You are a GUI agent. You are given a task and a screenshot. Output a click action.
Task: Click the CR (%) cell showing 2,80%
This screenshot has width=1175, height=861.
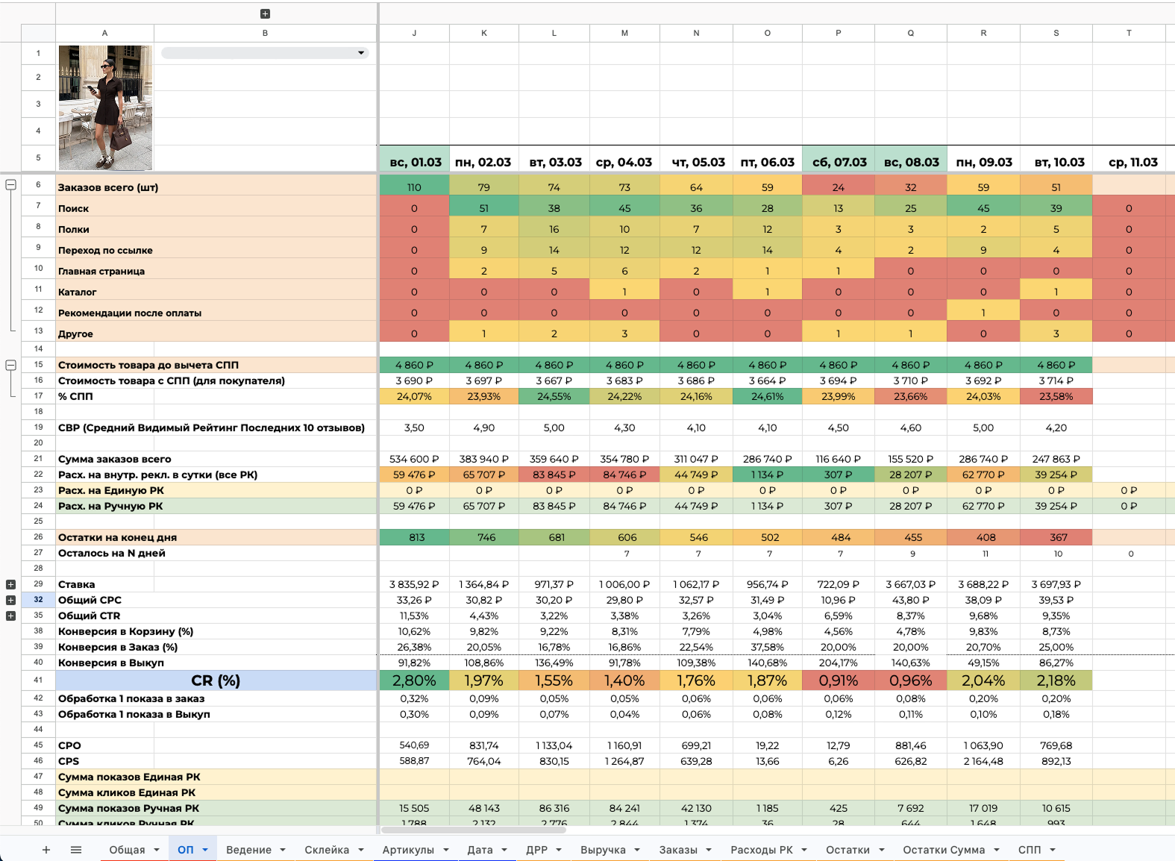click(x=414, y=680)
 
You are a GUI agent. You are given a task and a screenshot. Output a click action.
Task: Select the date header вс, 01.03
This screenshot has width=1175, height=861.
click(x=415, y=162)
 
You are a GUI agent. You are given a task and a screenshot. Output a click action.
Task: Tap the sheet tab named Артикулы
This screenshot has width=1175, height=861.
click(x=408, y=850)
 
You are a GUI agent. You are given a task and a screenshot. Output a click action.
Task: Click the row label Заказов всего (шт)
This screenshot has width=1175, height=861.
click(x=108, y=187)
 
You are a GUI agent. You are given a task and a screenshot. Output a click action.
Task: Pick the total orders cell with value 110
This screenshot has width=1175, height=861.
click(x=414, y=187)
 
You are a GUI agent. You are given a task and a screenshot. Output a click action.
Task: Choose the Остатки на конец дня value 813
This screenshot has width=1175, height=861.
click(x=416, y=537)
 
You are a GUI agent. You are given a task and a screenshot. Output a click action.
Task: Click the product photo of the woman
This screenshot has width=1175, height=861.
click(x=105, y=107)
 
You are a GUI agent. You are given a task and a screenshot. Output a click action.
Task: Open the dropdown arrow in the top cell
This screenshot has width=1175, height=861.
click(x=361, y=53)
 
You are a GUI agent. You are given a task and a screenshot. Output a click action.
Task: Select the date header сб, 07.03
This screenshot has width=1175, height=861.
click(x=839, y=162)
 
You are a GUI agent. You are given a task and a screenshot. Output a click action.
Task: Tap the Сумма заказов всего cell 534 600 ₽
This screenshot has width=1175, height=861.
click(x=414, y=459)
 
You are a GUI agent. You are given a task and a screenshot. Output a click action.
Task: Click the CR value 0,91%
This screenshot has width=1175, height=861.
click(x=839, y=680)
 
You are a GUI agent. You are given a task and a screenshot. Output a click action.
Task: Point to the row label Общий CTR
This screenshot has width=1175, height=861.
click(x=90, y=616)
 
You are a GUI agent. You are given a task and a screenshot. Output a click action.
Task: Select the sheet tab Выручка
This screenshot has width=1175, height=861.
click(x=603, y=850)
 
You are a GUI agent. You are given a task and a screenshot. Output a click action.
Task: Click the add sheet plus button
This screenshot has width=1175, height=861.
click(x=46, y=850)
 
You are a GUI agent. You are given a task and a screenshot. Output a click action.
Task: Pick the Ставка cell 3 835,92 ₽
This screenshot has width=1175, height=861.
click(x=414, y=584)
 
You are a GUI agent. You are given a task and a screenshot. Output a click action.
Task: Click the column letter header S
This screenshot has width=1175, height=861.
click(x=1056, y=33)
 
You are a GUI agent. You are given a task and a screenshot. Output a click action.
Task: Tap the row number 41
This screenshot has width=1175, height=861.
click(x=38, y=680)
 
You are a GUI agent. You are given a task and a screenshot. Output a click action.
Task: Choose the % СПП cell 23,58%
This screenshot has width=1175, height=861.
click(x=1056, y=396)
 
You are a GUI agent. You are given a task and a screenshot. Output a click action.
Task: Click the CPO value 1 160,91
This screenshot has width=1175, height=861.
click(x=624, y=745)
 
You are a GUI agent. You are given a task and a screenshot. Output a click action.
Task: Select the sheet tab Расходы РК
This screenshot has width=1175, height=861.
click(x=762, y=850)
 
